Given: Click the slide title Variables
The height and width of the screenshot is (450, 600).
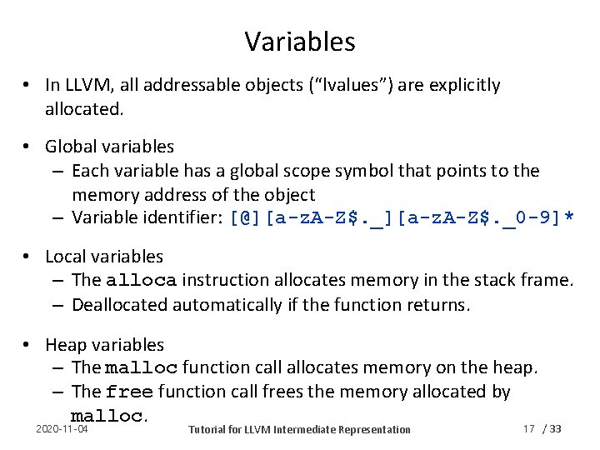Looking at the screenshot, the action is coord(300,41).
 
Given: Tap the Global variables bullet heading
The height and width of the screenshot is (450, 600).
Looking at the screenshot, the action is coord(109,147).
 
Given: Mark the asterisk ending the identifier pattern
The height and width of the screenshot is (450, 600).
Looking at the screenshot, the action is coord(568,219).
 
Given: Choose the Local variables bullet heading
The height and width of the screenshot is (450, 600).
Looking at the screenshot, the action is coord(104,257).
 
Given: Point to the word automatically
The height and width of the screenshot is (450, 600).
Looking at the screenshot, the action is coord(224,305).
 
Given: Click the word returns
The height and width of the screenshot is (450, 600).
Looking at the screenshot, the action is coord(441,305).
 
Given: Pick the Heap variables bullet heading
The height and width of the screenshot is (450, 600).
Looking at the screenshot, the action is coord(104,344).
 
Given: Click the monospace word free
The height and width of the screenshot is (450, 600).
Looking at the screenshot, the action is coord(130,392).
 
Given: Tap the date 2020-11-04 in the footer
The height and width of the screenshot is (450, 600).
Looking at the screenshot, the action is coord(62,428).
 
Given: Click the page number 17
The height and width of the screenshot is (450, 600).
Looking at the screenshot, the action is coord(528,428).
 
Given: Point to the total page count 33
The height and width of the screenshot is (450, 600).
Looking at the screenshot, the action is coord(556,428).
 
